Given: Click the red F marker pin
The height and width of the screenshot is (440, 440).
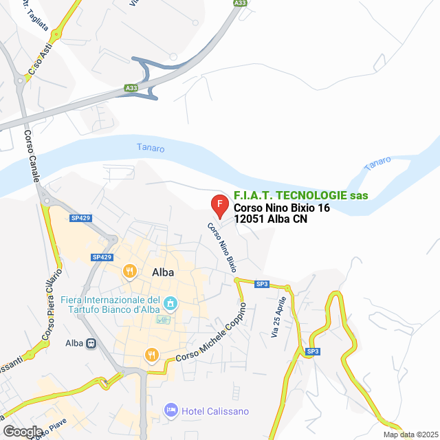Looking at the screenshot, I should (219, 204).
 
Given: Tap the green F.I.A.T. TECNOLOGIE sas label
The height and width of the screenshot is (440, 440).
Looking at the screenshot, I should (300, 196).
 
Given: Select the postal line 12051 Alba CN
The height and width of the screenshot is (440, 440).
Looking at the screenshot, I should (270, 219).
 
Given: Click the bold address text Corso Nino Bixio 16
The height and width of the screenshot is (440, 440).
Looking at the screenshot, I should (282, 208).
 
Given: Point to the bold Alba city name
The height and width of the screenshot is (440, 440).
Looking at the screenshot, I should (162, 272).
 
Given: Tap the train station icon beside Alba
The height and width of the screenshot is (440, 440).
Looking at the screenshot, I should (90, 343).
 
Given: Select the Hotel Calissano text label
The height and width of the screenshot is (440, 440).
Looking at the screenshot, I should (215, 411).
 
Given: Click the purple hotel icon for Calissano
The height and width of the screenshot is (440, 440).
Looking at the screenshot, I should (171, 410).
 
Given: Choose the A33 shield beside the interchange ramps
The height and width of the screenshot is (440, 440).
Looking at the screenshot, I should (131, 88).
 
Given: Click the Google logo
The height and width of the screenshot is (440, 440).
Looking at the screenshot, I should (23, 431).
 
